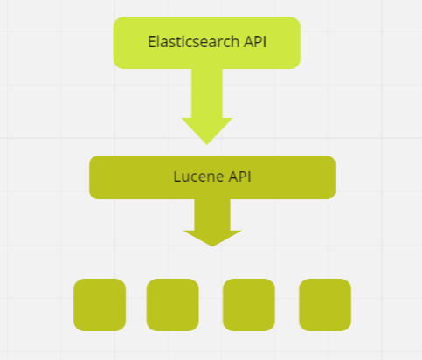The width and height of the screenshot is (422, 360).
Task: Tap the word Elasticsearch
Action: (181, 41)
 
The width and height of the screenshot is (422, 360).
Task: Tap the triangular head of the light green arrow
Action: (207, 128)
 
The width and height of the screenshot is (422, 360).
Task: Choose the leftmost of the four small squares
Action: (100, 305)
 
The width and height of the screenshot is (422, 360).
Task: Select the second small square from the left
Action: (172, 305)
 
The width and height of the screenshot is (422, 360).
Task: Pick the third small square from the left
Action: (249, 305)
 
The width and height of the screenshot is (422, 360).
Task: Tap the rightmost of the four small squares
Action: (325, 305)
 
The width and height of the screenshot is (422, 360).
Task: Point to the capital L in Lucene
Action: (177, 177)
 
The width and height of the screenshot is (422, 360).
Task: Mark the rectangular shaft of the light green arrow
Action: (207, 91)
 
